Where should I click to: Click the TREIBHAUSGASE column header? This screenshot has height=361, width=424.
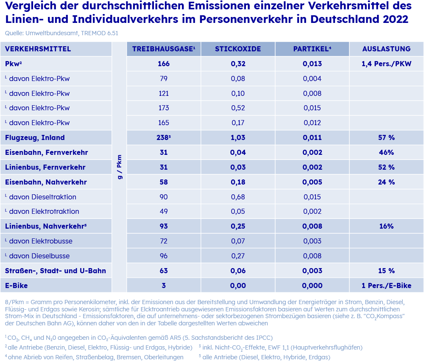point(164,49)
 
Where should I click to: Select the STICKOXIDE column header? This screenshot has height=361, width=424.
point(238,49)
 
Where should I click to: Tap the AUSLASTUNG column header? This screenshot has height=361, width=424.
point(386,49)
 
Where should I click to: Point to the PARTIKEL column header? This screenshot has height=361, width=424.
point(312,49)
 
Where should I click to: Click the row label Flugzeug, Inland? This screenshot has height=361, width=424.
point(35,138)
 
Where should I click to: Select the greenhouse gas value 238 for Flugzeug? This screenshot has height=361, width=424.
point(164,137)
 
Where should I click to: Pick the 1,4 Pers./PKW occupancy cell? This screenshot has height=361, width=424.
point(386,64)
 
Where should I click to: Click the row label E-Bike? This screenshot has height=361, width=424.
point(16,285)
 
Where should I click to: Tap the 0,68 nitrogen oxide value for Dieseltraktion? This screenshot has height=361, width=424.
point(238,197)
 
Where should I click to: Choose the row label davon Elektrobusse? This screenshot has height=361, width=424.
point(39,241)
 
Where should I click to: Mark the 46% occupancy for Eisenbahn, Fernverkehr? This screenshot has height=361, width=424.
point(386,152)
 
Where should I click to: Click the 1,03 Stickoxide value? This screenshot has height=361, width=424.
point(238,138)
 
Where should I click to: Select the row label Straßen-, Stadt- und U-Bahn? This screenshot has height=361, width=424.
point(56,271)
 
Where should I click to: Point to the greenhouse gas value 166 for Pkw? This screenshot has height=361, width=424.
point(164,64)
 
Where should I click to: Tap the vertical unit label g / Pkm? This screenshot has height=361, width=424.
point(119,167)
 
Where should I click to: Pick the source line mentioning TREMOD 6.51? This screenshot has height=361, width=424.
point(61,33)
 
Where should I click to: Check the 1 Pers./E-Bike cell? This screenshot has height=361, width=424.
point(386,285)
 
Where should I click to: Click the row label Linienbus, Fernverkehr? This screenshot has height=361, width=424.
point(45,167)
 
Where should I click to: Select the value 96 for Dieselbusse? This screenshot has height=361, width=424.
point(164,256)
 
